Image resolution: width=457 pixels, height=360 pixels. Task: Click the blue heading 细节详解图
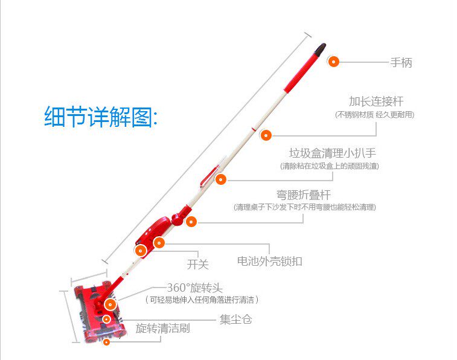pos(100,116)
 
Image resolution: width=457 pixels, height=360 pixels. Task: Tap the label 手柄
pos(401,62)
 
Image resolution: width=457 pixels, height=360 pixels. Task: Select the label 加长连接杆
pos(376,101)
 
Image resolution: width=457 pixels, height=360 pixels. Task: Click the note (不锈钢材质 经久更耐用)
pos(375,114)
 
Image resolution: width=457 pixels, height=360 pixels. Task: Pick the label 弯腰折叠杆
pos(304,194)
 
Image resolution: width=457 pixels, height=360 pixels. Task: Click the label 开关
pos(197,264)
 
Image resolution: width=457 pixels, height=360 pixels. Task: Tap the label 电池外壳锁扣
pos(269,262)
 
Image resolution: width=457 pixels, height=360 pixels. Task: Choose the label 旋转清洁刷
pos(162,329)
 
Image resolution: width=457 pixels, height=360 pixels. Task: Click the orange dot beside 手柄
pos(333,61)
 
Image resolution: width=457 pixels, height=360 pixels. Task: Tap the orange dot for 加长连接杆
pos(266,135)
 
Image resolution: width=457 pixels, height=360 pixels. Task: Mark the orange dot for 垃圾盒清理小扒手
pos(221,179)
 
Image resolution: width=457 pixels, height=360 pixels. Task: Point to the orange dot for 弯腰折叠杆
pos(191,222)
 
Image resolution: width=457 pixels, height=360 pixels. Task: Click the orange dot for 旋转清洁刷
pos(106,342)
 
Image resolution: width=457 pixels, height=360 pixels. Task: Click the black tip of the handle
pos(321,47)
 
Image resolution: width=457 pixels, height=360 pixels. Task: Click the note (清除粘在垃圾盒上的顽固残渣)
pos(330,166)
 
